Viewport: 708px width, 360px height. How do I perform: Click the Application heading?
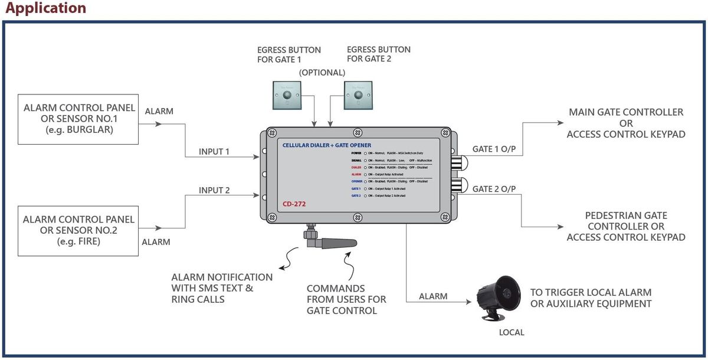tap(45, 8)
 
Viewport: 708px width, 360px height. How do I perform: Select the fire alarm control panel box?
tap(79, 230)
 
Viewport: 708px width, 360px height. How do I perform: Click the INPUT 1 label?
tap(214, 152)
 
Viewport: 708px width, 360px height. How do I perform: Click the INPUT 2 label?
tap(214, 190)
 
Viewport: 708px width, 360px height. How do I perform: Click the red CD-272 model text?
tap(293, 204)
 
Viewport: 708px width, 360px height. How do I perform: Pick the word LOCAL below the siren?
tap(511, 333)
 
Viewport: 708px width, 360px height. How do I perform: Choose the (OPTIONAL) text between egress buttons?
tap(322, 73)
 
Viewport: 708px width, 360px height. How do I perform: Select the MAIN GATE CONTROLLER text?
tap(626, 112)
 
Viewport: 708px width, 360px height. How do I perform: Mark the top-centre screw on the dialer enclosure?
tap(356, 132)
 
